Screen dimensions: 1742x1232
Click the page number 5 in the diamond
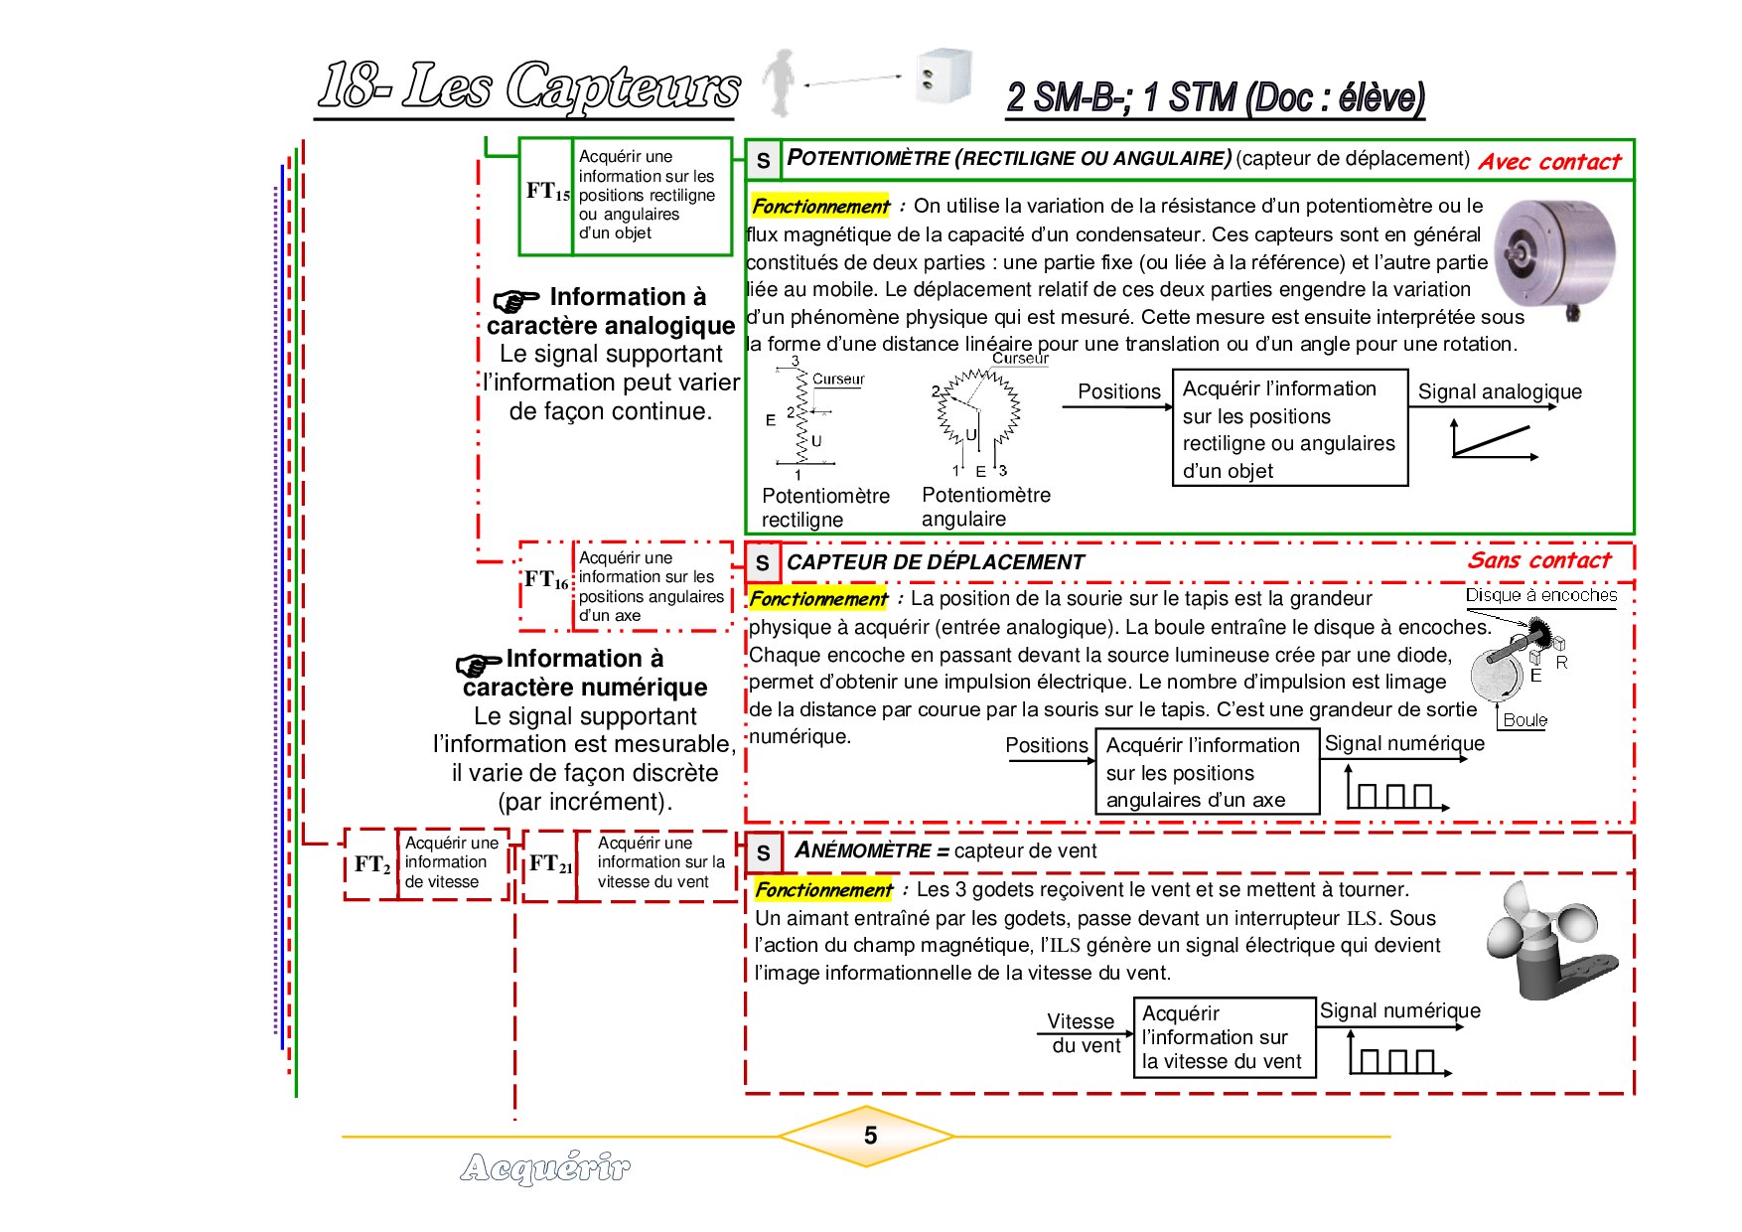coord(870,1136)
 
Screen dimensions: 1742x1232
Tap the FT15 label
coord(548,191)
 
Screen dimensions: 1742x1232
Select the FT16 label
coord(546,579)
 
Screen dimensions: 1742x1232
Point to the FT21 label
coord(550,864)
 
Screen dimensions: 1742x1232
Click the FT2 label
coord(372,864)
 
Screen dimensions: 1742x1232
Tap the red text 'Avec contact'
coord(1549,162)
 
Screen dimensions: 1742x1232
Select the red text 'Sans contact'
coord(1539,560)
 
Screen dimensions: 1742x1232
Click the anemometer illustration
coord(1549,941)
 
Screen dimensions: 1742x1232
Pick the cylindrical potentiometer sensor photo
coord(1555,258)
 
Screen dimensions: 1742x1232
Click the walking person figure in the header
coord(781,82)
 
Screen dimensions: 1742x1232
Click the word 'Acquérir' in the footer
coord(545,1167)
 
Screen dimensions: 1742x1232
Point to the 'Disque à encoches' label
coord(1541,595)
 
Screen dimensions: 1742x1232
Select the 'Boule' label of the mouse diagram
coord(1524,720)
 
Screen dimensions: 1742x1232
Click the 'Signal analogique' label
coord(1500,391)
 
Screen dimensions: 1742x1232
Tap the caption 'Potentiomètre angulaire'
coord(985,507)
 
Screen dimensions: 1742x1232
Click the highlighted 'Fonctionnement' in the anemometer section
coord(823,890)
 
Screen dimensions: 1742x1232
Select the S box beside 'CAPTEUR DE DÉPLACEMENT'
coord(763,563)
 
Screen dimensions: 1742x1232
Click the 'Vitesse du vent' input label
coord(1084,1033)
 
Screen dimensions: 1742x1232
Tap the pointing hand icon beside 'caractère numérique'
coord(479,665)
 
